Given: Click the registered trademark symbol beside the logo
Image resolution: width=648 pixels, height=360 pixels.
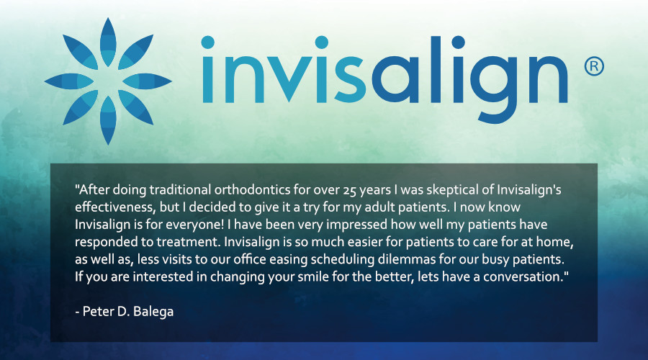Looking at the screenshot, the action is (594, 66).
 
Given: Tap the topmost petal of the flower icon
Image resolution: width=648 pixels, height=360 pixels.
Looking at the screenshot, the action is (108, 42).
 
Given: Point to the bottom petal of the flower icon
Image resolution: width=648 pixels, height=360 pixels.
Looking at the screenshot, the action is (108, 120).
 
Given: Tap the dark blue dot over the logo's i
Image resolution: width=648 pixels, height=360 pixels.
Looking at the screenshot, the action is (459, 42).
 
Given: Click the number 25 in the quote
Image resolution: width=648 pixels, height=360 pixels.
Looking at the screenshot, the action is (350, 190).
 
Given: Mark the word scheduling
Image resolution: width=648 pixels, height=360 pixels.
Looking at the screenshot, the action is (343, 260).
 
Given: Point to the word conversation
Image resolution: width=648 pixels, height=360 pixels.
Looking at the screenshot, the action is (523, 277).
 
